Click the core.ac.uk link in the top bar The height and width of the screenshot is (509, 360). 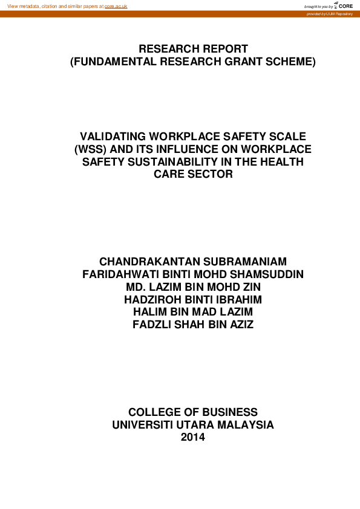click(x=116, y=6)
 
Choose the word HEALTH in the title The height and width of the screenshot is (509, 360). click(x=280, y=161)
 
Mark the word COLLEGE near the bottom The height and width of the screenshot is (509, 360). click(x=156, y=412)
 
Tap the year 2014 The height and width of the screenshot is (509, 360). click(x=193, y=437)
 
